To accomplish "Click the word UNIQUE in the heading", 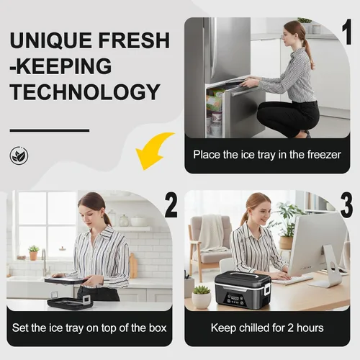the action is (x=51, y=40).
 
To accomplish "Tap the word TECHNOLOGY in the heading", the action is (x=85, y=92).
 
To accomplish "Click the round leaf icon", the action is (x=19, y=156).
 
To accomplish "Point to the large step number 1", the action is (x=347, y=32).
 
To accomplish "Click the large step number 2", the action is (x=171, y=206).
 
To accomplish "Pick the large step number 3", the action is (x=346, y=206).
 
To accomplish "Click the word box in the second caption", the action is (x=158, y=328).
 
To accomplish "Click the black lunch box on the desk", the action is (x=243, y=290).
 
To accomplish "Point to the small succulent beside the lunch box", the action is (x=202, y=297).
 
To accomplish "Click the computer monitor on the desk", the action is (x=318, y=250).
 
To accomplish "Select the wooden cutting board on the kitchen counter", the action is (x=133, y=266).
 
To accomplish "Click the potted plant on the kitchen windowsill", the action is (x=34, y=253).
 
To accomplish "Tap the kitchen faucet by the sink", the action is (x=45, y=263).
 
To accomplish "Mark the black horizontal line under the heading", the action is (x=50, y=130).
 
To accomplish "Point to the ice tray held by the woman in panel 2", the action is (x=65, y=280).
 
